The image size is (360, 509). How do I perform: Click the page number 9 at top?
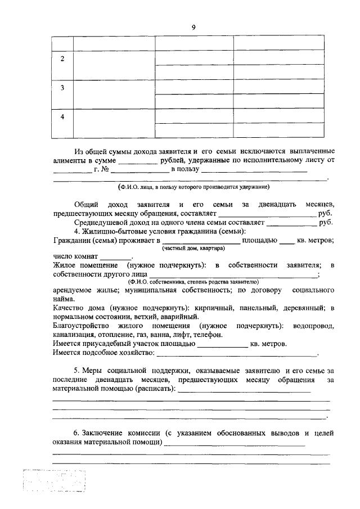point(193,26)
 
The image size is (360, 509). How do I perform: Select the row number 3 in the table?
point(62,88)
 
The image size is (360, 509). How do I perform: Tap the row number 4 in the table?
point(62,116)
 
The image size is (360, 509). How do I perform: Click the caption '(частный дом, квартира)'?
point(193,249)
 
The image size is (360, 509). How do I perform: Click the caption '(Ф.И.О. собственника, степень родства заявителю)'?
point(193,281)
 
